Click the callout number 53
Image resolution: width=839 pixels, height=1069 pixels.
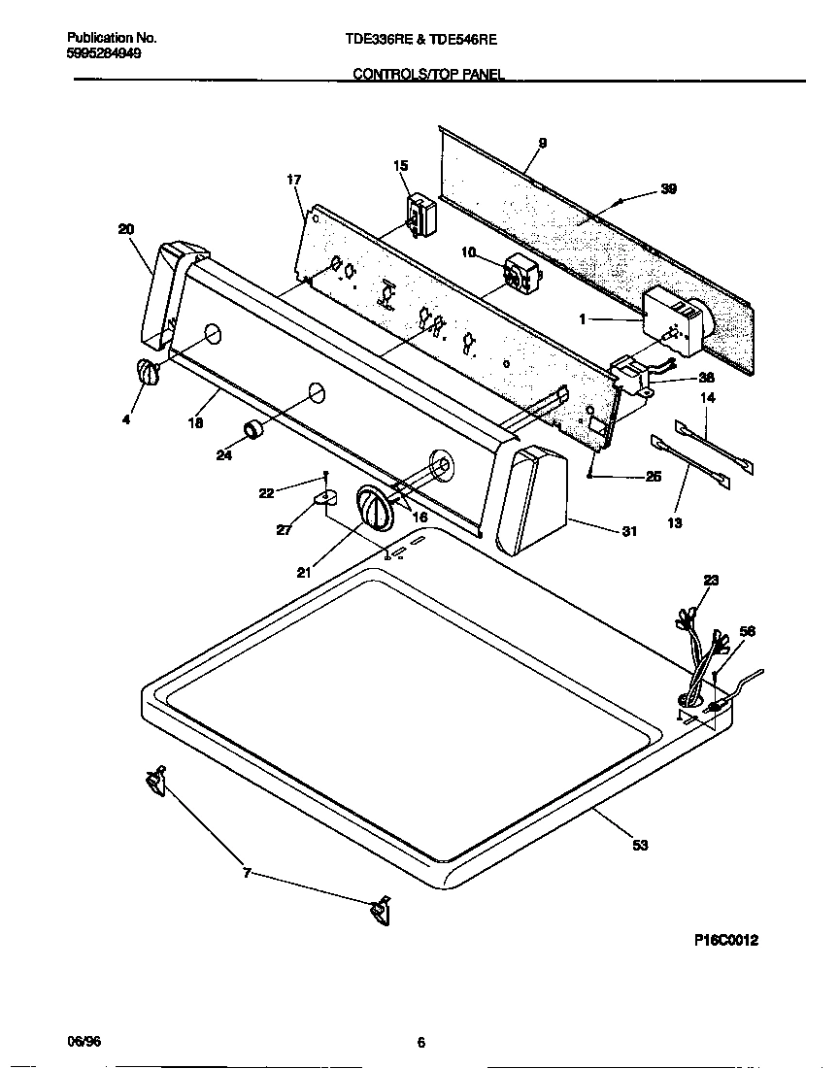[x=639, y=846]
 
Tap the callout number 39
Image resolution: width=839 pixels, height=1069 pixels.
[x=668, y=189]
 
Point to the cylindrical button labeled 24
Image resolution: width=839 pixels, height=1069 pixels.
[x=253, y=429]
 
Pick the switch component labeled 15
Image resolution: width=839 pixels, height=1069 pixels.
[x=419, y=214]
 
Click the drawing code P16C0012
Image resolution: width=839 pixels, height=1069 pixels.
[x=725, y=940]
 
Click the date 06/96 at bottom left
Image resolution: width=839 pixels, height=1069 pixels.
[x=84, y=1041]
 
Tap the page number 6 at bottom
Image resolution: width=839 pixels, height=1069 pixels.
[x=420, y=1043]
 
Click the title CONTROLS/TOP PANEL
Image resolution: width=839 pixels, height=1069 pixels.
[x=427, y=73]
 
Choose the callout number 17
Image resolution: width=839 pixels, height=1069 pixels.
[x=294, y=180]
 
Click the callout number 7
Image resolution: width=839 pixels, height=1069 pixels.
[x=247, y=873]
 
